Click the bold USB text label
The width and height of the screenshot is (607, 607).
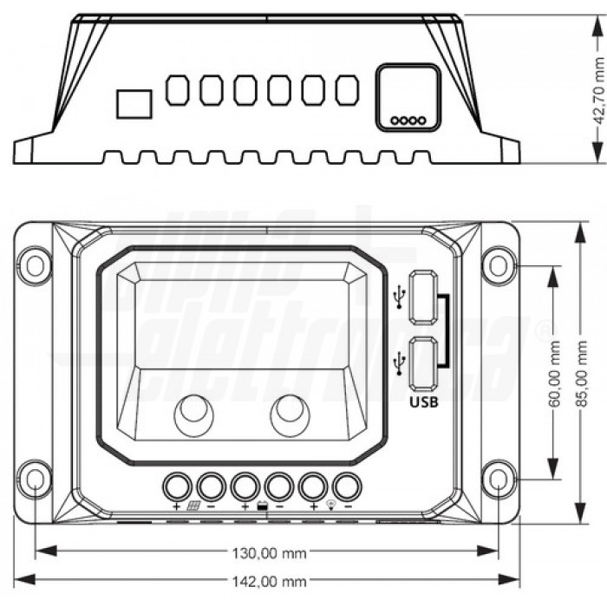(x=422, y=402)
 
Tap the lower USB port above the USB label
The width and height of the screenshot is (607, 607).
(x=422, y=362)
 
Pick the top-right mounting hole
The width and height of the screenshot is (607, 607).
(x=499, y=264)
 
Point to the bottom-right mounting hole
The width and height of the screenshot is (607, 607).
(x=499, y=480)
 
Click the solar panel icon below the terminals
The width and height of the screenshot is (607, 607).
(x=194, y=506)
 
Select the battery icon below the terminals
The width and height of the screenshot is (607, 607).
(x=262, y=506)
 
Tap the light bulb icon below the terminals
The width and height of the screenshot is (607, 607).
(x=330, y=506)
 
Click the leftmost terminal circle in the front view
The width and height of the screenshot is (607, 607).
(x=178, y=486)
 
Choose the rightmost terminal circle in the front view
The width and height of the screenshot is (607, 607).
(x=346, y=486)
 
